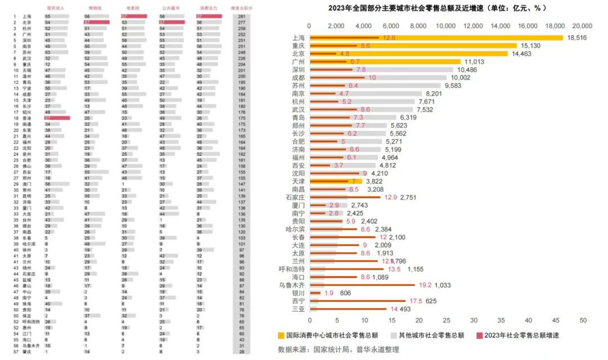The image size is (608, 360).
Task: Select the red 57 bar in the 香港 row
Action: click(x=56, y=118)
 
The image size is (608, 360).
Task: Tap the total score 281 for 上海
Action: click(x=242, y=17)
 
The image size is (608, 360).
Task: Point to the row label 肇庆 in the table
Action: click(x=27, y=352)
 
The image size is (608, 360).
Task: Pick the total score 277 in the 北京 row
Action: click(x=242, y=22)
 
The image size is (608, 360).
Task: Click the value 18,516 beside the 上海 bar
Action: click(x=577, y=38)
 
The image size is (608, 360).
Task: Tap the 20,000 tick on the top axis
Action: click(x=582, y=26)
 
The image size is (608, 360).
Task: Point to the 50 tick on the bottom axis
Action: click(x=583, y=321)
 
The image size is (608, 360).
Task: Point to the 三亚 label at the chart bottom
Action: click(x=298, y=309)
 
